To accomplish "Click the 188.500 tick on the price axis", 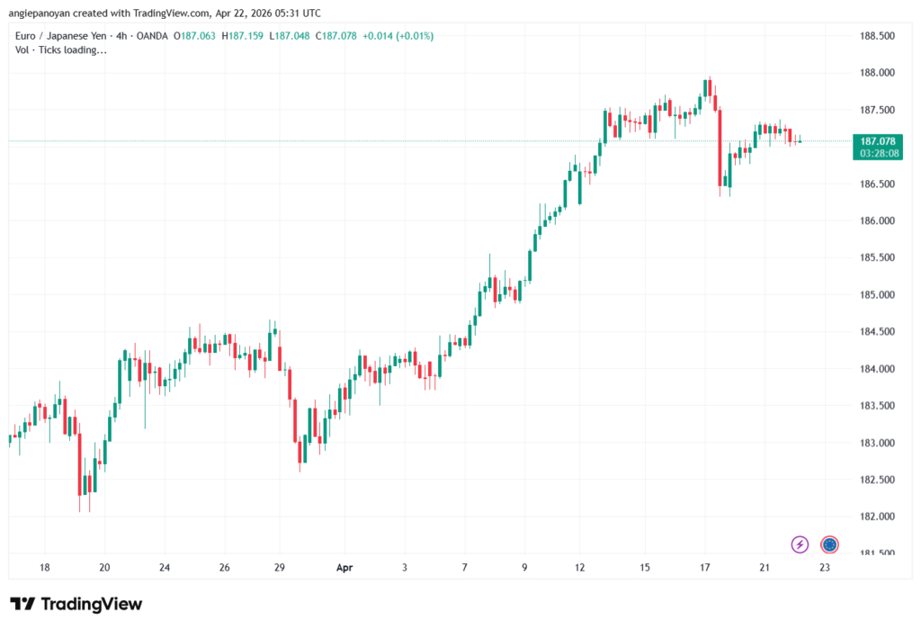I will point(877,36).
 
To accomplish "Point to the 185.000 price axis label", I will point(877,295).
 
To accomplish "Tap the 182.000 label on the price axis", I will point(877,517).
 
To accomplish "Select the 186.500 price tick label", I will point(877,184).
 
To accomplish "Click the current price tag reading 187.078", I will point(877,141).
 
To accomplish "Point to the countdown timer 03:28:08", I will point(877,153).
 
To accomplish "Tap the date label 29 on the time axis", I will point(280,568).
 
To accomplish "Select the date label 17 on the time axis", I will point(705,568).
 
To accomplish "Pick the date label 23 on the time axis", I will point(824,568).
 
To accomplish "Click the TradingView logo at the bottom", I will point(76,604).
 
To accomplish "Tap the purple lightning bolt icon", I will point(800,544).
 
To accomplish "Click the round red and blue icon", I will point(829,544).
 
